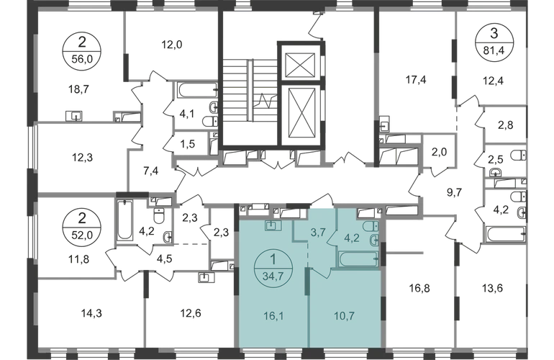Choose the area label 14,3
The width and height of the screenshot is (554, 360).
[x=71, y=312]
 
